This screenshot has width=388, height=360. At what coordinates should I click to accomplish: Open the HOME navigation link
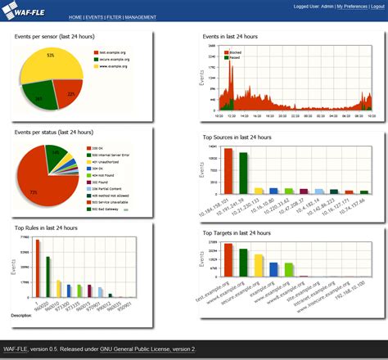pyautogui.click(x=76, y=16)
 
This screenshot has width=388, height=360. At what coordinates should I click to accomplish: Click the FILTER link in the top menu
pyautogui.click(x=116, y=16)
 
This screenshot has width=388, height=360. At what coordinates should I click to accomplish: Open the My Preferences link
pyautogui.click(x=342, y=6)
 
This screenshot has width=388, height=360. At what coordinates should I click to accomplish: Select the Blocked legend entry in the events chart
pyautogui.click(x=232, y=52)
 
